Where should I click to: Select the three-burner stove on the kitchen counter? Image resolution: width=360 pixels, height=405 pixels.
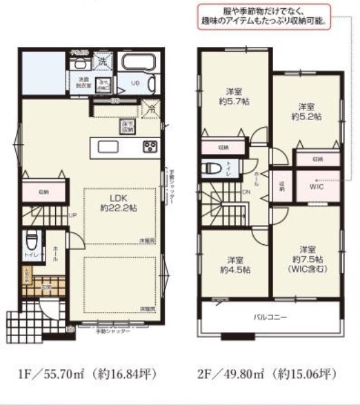point(150,146)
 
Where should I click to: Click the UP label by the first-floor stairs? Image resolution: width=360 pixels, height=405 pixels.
point(72,215)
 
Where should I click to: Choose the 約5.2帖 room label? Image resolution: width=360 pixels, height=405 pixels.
point(306,112)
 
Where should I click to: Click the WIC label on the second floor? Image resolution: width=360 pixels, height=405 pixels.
point(317,186)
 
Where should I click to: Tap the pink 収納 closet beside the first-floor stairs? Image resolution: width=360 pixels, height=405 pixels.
point(43,192)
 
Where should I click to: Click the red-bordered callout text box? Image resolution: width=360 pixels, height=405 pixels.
point(263,17)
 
